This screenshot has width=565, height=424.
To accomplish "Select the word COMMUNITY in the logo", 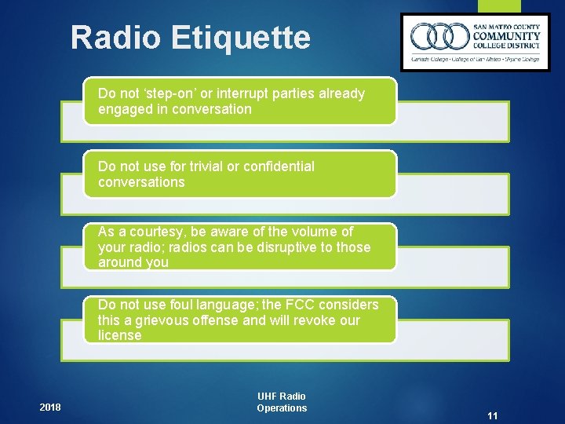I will [x=506, y=36].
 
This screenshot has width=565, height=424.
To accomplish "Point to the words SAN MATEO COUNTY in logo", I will [x=506, y=25].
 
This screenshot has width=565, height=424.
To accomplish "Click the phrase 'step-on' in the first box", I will [x=171, y=94].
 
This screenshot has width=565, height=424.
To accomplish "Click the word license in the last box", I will [x=119, y=335].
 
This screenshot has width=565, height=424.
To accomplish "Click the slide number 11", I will [x=492, y=415].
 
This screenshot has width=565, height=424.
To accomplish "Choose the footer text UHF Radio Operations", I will [x=282, y=402].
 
